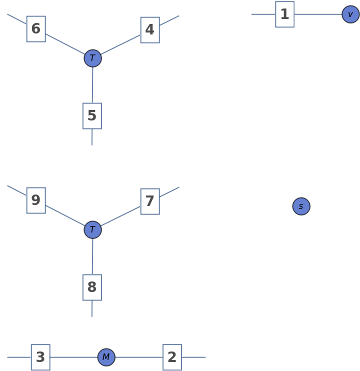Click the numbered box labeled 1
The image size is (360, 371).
(284, 14)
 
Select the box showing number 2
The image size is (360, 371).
(172, 357)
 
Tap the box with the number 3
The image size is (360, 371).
(40, 357)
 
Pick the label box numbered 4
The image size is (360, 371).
(150, 30)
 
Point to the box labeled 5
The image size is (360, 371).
(92, 116)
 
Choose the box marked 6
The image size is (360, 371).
(36, 29)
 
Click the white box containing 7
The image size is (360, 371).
(150, 201)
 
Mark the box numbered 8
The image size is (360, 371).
(92, 287)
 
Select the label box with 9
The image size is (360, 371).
(36, 200)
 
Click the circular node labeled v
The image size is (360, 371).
(350, 14)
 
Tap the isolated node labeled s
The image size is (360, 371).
(301, 206)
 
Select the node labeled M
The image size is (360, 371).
(106, 357)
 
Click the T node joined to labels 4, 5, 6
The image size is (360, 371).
(92, 58)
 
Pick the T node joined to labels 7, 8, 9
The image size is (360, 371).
(92, 230)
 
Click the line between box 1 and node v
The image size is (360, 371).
(318, 14)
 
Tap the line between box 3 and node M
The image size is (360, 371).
(74, 357)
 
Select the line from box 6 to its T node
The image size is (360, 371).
(65, 44)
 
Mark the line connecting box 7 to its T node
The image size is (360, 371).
(121, 215)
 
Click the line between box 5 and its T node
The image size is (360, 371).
(92, 85)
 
